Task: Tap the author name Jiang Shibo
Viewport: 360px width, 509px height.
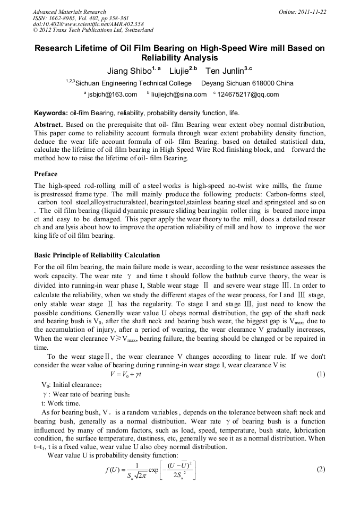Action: tap(127, 71)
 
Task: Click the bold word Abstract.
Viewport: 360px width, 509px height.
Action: tap(49, 124)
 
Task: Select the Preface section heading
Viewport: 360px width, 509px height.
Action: tap(46, 174)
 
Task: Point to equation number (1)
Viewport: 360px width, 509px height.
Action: tap(320, 374)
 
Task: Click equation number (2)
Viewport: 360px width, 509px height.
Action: tap(320, 470)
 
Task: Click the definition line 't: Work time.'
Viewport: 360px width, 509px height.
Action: tap(61, 403)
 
